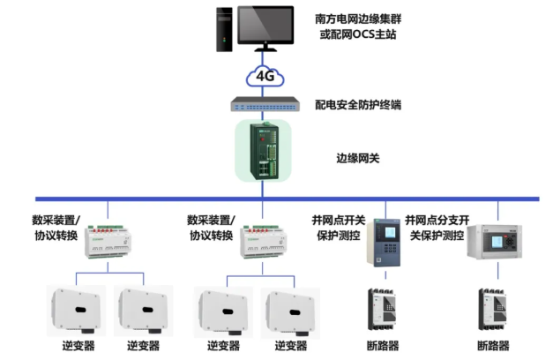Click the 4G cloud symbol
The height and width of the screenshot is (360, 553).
265,76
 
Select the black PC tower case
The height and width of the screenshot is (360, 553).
224,30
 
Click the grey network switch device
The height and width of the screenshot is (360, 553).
265,104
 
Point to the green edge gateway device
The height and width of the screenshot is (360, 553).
264,151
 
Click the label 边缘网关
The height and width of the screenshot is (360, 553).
357,159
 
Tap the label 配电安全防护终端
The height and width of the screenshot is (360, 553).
358,105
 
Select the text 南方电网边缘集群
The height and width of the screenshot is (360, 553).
358,19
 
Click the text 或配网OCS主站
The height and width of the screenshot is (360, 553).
358,34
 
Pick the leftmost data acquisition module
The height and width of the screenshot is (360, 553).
108,242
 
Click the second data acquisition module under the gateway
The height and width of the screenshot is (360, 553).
263,242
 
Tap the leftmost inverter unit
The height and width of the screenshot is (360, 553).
76,311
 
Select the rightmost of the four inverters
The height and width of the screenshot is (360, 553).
290,313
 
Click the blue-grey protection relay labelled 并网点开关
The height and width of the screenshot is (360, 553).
384,242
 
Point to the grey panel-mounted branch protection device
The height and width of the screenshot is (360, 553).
495,242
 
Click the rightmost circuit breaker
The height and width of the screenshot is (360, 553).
492,310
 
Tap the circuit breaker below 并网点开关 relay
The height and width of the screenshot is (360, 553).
382,310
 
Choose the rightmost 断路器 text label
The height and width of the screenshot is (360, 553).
493,346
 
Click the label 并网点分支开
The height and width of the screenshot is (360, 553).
437,221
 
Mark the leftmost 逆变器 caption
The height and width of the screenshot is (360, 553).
78,346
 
